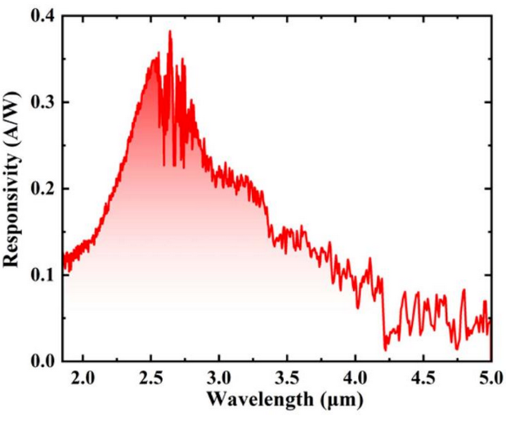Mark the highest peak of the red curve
pos(170,31)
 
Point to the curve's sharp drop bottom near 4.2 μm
pos(386,350)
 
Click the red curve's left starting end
pos(64,260)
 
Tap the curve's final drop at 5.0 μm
pos(490,358)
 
